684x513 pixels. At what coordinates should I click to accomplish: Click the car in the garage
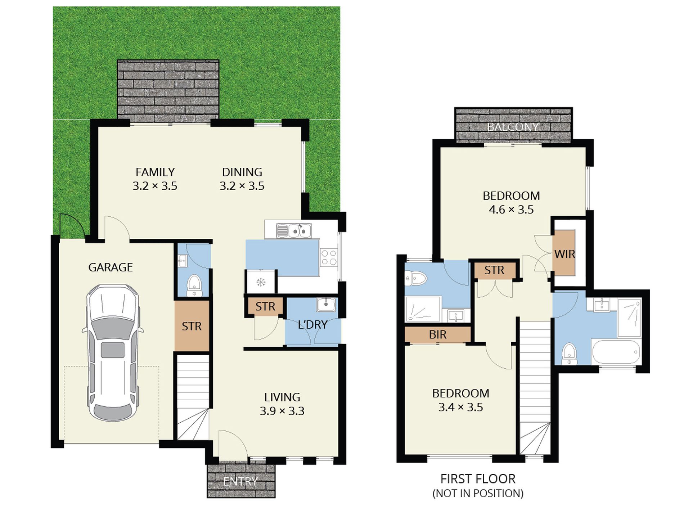(x=113, y=353)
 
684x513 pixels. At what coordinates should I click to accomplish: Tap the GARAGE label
(x=111, y=267)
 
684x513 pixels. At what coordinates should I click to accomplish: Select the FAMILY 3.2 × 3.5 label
(x=155, y=179)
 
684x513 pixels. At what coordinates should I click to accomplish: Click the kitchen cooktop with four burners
(x=329, y=258)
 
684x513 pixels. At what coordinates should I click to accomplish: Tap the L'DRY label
(x=312, y=325)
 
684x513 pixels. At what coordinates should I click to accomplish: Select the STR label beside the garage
(x=192, y=326)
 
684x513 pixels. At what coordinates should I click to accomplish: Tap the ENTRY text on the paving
(x=240, y=481)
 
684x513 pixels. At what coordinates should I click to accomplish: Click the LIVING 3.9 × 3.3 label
(x=282, y=404)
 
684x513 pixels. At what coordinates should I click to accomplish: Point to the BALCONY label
(x=513, y=127)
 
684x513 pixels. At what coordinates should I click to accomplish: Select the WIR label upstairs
(x=564, y=254)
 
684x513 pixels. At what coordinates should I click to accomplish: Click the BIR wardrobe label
(x=438, y=334)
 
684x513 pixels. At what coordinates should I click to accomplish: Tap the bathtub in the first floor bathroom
(x=616, y=352)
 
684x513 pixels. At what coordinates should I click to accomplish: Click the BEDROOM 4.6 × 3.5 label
(x=511, y=203)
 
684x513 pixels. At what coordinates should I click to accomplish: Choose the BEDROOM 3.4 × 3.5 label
(x=460, y=400)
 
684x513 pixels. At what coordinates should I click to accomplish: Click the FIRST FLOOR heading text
(x=478, y=479)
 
